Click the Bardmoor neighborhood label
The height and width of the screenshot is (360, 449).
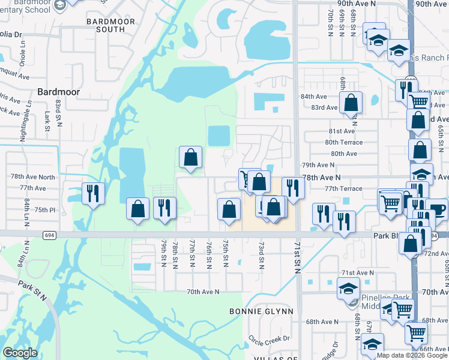tap(58, 92)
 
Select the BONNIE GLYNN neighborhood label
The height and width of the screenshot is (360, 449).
tap(262, 311)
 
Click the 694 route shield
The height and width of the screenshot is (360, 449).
tap(49, 235)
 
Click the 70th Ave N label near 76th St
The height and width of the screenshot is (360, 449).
tap(203, 292)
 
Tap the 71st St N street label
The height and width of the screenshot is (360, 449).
tap(297, 258)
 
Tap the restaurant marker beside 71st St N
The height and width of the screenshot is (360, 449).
tap(293, 188)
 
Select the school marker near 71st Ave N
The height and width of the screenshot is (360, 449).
tap(348, 288)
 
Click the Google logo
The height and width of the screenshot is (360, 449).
tap(20, 352)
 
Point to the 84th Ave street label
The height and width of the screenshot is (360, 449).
tap(313, 97)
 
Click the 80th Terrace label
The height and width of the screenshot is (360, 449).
tap(343, 142)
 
